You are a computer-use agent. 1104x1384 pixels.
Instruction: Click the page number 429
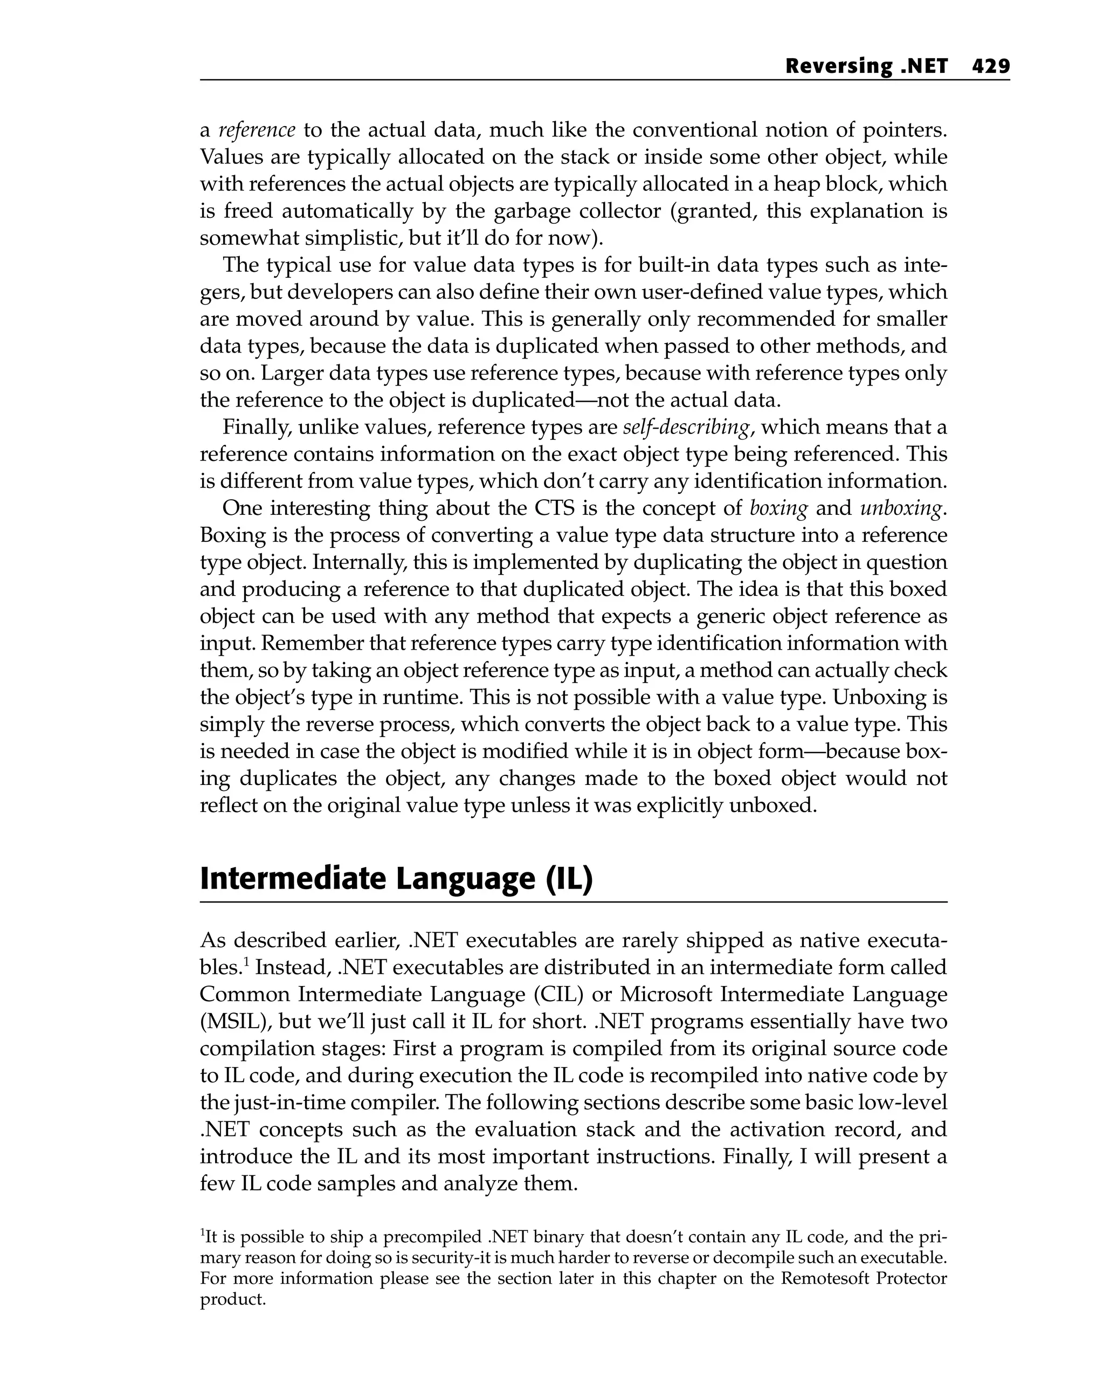click(990, 66)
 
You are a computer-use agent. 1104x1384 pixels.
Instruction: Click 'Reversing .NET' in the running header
click(866, 66)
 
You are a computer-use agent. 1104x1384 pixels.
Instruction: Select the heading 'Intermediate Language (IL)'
click(396, 879)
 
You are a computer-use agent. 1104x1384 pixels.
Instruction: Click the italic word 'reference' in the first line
click(257, 130)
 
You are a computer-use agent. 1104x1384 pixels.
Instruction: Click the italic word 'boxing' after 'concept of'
click(778, 508)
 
